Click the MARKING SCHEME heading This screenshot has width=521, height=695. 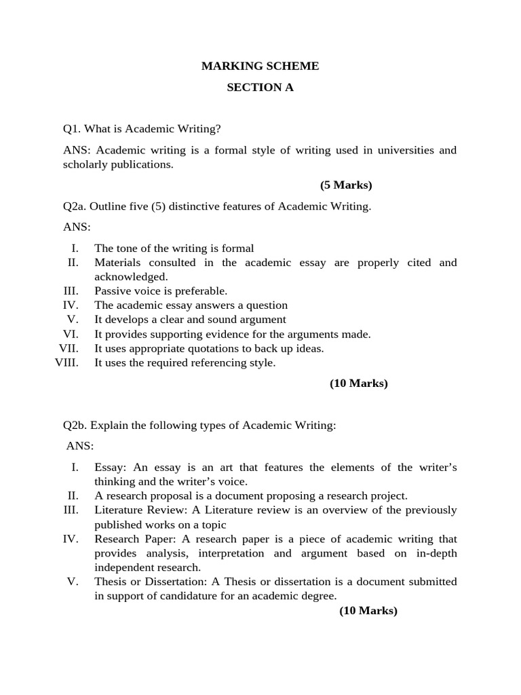(x=260, y=66)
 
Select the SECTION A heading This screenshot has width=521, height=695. (x=260, y=88)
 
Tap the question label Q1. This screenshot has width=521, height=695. (x=73, y=129)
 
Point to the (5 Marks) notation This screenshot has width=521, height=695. (x=346, y=185)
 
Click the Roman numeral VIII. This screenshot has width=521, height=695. (x=66, y=362)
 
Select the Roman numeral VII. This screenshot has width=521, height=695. (x=69, y=348)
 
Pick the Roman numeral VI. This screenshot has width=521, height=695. (x=71, y=334)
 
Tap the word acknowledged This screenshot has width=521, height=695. (x=130, y=277)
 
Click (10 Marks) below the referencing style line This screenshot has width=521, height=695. (x=359, y=383)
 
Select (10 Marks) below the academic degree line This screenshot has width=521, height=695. (x=368, y=611)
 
